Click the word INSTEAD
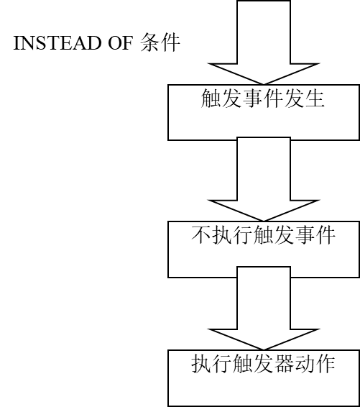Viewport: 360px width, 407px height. click(x=57, y=43)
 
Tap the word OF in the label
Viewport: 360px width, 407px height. click(x=120, y=43)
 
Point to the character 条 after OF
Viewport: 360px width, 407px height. click(x=150, y=42)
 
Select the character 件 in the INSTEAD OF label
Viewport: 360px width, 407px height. click(x=170, y=42)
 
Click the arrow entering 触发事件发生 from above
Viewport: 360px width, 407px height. click(x=264, y=42)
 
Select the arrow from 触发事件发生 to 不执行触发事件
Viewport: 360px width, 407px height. click(x=264, y=179)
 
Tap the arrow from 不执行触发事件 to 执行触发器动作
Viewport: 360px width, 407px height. click(x=264, y=308)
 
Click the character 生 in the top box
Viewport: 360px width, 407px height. click(x=315, y=98)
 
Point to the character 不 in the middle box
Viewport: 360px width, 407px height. click(x=201, y=235)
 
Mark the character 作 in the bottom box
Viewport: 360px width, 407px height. click(x=325, y=363)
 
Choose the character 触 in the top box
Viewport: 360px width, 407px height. click(x=211, y=98)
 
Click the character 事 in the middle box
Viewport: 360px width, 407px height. click(x=305, y=235)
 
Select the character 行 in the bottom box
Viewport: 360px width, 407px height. click(x=222, y=363)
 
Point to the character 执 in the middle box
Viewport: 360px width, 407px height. click(x=222, y=235)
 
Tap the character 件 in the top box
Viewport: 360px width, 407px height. click(x=273, y=98)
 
